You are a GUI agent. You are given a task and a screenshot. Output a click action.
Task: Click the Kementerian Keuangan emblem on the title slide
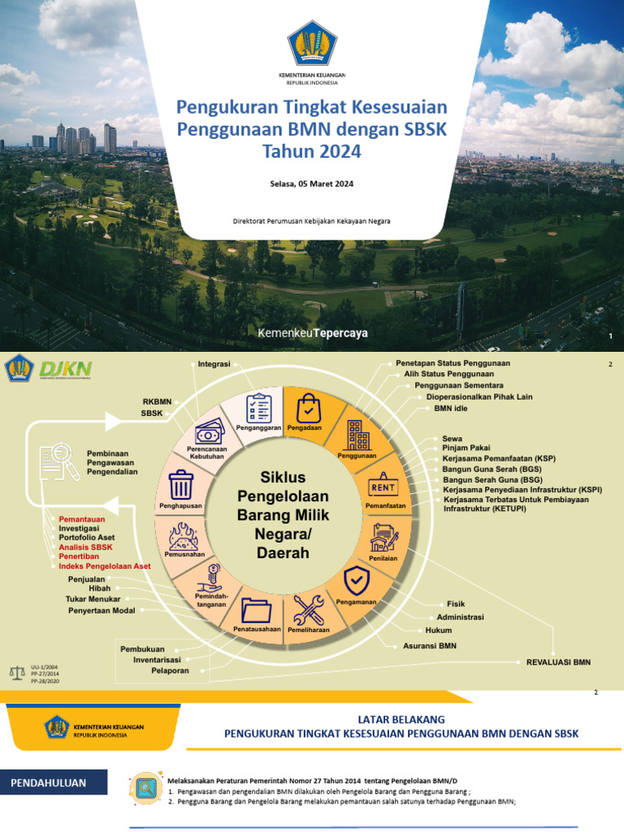[x=312, y=46]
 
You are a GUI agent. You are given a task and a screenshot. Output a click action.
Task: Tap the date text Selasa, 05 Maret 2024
[x=312, y=184]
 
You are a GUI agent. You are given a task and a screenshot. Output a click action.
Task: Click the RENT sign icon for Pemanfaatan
[x=383, y=486]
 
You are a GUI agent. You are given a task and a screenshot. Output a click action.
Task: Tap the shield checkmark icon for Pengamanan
[x=357, y=581]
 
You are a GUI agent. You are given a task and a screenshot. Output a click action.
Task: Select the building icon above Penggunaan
[x=357, y=435]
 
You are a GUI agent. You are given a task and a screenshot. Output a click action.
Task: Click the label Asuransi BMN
[x=431, y=647]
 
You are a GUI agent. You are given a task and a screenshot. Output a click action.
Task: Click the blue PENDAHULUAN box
[x=58, y=783]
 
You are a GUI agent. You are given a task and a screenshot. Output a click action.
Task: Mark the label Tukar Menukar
[x=93, y=599]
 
